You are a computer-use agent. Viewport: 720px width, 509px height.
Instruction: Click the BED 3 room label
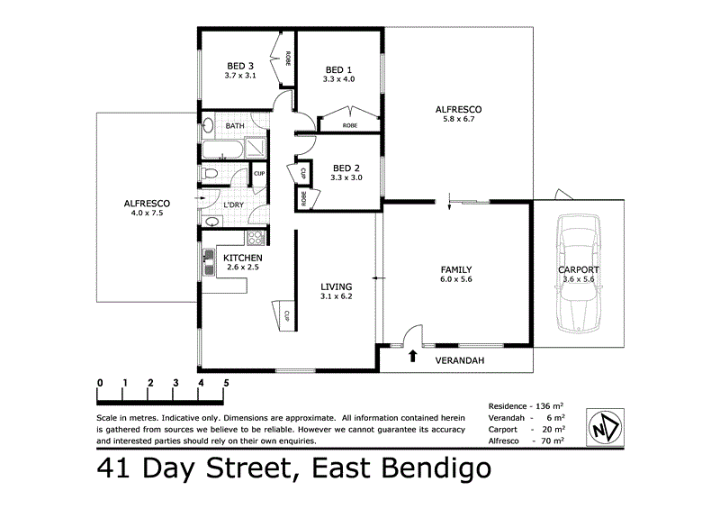[x=239, y=66]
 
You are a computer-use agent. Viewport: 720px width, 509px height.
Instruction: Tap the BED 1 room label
[x=338, y=69]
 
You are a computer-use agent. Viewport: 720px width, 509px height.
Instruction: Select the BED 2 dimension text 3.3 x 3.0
[x=346, y=177]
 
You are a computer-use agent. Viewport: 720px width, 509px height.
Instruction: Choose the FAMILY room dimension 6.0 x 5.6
[x=456, y=279]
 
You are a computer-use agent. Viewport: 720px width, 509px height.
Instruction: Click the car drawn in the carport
[x=580, y=279]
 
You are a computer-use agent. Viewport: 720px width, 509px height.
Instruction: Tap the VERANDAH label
[x=460, y=360]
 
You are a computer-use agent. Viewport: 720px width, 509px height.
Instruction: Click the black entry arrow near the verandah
[x=412, y=356]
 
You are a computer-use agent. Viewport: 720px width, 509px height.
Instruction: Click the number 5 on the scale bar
[x=226, y=383]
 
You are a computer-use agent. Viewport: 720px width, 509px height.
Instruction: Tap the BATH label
[x=235, y=126]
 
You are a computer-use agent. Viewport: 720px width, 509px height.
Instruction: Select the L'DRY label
[x=232, y=205]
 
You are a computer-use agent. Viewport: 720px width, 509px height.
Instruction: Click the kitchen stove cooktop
[x=256, y=239]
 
